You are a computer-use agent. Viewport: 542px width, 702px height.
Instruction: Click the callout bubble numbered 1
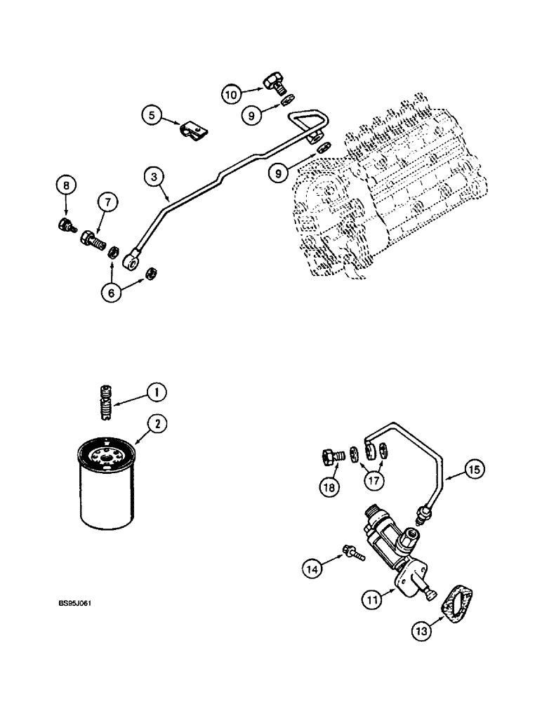pyautogui.click(x=158, y=392)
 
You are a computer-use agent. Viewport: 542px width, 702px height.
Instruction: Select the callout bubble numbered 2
pyautogui.click(x=158, y=424)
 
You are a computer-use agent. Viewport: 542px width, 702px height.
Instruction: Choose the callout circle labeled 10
pyautogui.click(x=232, y=93)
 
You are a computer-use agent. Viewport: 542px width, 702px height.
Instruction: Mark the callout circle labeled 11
pyautogui.click(x=370, y=599)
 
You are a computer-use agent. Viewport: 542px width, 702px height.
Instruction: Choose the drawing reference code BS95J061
pyautogui.click(x=77, y=602)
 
